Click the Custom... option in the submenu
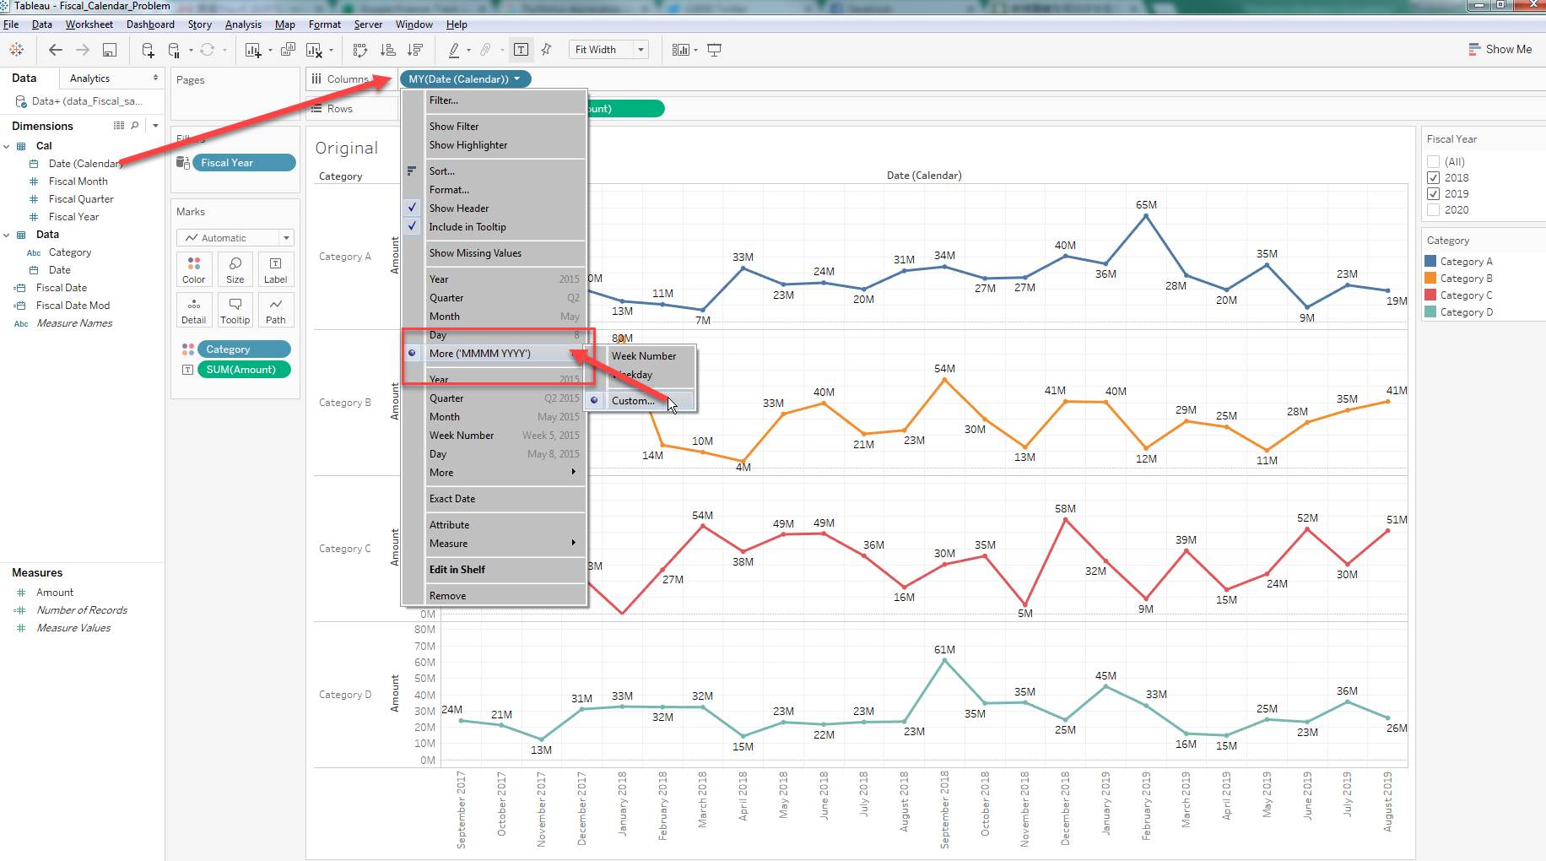click(x=633, y=401)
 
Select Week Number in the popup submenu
click(x=644, y=356)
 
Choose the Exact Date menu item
click(x=452, y=499)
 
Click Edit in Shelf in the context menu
click(x=457, y=570)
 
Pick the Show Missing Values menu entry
click(x=475, y=253)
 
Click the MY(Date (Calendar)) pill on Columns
click(x=459, y=79)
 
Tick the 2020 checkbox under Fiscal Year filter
click(x=1433, y=210)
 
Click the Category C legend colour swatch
click(x=1430, y=295)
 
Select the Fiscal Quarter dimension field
click(x=81, y=199)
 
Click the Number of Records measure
click(x=82, y=610)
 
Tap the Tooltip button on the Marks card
click(x=235, y=310)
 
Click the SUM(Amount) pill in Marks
click(x=241, y=370)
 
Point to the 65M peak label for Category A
click(x=1146, y=205)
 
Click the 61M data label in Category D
click(x=944, y=650)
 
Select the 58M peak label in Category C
click(x=1065, y=509)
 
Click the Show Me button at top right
click(x=1500, y=50)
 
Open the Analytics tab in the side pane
click(x=90, y=79)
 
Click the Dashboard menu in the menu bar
click(x=150, y=24)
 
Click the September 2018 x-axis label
click(x=944, y=809)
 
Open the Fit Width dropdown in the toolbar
click(x=641, y=50)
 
